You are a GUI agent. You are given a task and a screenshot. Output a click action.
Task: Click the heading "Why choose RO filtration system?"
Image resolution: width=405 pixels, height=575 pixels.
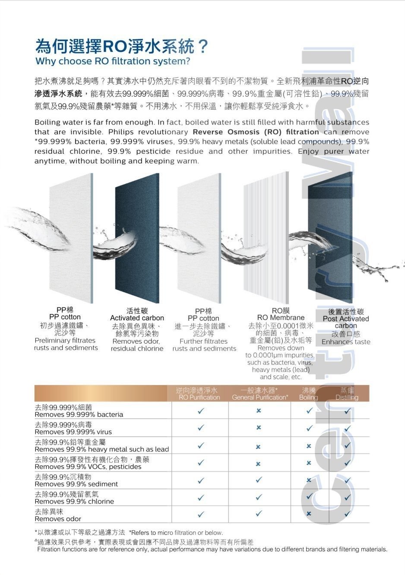pyautogui.click(x=113, y=61)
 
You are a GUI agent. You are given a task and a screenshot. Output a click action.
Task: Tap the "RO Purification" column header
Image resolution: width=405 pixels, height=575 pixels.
pyautogui.click(x=199, y=398)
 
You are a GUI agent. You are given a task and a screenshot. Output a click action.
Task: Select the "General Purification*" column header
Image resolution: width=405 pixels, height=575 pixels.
pyautogui.click(x=260, y=398)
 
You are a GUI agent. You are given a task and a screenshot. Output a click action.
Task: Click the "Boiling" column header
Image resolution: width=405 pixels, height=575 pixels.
pyautogui.click(x=308, y=398)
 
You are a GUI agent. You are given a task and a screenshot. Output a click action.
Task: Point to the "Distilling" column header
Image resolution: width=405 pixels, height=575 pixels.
pyautogui.click(x=347, y=398)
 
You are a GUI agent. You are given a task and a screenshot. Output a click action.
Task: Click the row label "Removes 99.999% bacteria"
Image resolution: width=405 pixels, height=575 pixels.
pyautogui.click(x=79, y=414)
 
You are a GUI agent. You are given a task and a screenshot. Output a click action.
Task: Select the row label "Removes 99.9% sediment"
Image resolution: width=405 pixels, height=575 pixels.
pyautogui.click(x=76, y=484)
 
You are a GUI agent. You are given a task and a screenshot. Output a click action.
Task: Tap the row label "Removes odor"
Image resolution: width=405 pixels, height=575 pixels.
pyautogui.click(x=58, y=519)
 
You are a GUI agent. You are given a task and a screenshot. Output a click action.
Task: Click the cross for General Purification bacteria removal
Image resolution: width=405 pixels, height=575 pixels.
pyautogui.click(x=259, y=411)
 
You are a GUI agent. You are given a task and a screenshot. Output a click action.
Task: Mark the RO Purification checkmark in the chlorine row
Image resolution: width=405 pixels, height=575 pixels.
pyautogui.click(x=201, y=497)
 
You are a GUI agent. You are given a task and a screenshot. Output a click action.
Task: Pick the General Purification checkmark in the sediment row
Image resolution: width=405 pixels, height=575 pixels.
pyautogui.click(x=259, y=480)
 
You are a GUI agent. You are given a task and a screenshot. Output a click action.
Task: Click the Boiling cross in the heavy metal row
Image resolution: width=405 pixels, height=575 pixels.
pyautogui.click(x=309, y=446)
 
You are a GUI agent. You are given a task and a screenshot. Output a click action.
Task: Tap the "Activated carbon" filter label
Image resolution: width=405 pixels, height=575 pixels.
pyautogui.click(x=137, y=318)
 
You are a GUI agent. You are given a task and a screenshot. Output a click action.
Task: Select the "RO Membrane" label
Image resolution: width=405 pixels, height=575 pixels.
pyautogui.click(x=281, y=318)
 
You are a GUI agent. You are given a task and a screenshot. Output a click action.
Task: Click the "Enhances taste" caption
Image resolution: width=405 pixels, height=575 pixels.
pyautogui.click(x=346, y=342)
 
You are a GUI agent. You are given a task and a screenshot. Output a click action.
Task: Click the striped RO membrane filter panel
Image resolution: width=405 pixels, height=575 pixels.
pyautogui.click(x=266, y=237)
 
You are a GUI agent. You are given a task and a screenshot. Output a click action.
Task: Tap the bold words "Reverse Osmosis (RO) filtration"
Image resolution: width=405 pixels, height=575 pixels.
pyautogui.click(x=256, y=132)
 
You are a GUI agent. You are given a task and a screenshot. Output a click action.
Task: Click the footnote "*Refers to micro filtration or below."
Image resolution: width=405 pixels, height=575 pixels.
pyautogui.click(x=176, y=533)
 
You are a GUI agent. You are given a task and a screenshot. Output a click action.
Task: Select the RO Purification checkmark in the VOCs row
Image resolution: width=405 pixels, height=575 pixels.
pyautogui.click(x=201, y=463)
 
